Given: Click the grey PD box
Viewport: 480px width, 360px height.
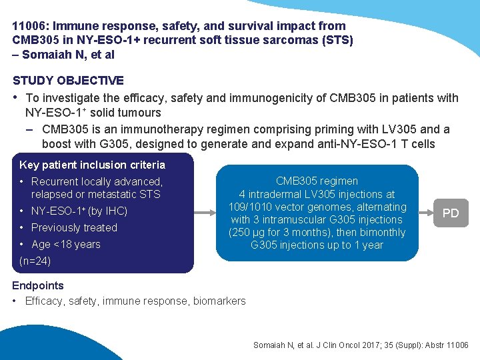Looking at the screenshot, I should (x=451, y=213).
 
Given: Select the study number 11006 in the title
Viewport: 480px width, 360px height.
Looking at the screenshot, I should (x=27, y=26).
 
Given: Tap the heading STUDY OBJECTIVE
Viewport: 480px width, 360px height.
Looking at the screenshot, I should (x=68, y=81).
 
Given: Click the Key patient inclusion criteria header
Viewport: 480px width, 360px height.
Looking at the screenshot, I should (x=93, y=165).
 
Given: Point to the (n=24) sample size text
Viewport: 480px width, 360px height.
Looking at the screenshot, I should (x=35, y=261).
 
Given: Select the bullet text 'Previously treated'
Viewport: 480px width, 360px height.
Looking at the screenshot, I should (x=74, y=227).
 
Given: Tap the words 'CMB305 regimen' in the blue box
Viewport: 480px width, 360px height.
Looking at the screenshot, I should (x=317, y=181).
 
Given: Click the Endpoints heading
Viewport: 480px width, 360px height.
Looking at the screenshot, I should (x=38, y=285).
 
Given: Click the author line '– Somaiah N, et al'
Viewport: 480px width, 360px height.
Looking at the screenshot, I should (x=63, y=55).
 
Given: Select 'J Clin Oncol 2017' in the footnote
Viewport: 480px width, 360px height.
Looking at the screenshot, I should (x=336, y=345).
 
